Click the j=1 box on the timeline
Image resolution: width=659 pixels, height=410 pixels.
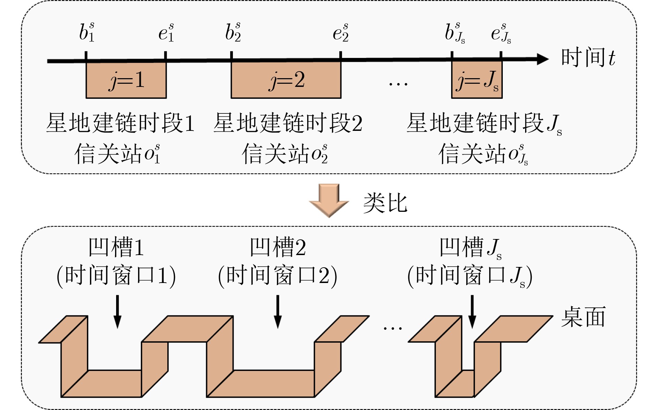[x=126, y=80]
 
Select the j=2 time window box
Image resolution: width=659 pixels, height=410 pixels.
[x=286, y=80]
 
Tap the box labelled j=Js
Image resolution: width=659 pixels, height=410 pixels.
[x=477, y=80]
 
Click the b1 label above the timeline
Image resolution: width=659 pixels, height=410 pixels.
[x=86, y=32]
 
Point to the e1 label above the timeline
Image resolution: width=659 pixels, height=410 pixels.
[x=166, y=32]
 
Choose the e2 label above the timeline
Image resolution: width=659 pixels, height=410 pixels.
[x=341, y=32]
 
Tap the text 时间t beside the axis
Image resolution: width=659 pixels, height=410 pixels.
[x=588, y=57]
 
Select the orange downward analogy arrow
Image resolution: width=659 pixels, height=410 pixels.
[x=329, y=201]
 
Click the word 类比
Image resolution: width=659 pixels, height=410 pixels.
[x=385, y=203]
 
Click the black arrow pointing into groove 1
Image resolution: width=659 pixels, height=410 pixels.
[x=118, y=312]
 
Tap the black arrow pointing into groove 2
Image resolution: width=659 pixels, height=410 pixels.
[x=278, y=312]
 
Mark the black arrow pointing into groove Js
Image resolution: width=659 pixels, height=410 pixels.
[x=472, y=312]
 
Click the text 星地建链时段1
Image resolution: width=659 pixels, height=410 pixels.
[x=120, y=123]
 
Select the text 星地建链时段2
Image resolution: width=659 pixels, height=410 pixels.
[x=288, y=123]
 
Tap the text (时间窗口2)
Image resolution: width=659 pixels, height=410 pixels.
[x=278, y=276]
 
